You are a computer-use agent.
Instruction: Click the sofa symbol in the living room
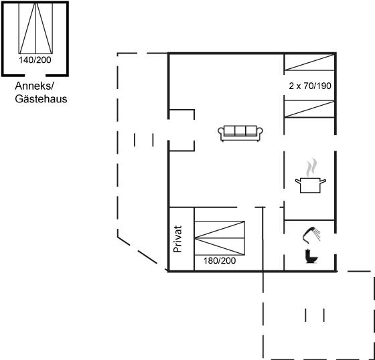pos(240,133)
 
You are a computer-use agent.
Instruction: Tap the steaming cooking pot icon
pos(311,176)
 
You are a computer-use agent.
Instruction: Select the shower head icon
pos(309,235)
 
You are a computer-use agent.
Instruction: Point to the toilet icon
pos(311,256)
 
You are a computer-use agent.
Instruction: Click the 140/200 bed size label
pos(35,60)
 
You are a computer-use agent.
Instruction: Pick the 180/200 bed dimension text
pos(220,260)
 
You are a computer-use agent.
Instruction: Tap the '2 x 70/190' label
pos(310,86)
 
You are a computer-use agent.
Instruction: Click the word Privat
pos(177,239)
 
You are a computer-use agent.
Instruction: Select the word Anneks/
pos(35,86)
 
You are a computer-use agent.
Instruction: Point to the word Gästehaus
pos(41,99)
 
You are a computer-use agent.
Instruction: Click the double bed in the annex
pos(35,28)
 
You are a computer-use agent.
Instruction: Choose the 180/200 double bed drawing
pos(220,238)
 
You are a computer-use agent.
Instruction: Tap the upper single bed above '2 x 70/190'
pos(309,62)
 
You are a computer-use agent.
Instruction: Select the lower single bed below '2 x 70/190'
pos(309,109)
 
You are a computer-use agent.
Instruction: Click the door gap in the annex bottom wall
pos(35,76)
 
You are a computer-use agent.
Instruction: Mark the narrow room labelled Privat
pos(181,239)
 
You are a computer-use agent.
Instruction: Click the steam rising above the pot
pos(311,167)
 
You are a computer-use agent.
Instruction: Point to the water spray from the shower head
pos(317,234)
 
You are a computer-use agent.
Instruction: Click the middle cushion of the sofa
pos(240,130)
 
